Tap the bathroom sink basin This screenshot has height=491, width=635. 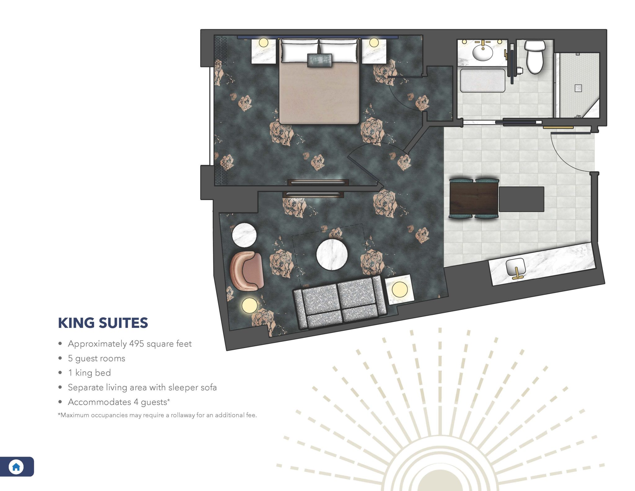[x=482, y=52]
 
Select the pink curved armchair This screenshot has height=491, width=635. [x=246, y=271]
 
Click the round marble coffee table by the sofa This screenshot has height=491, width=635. [x=332, y=254]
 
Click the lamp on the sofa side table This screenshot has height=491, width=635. [x=399, y=289]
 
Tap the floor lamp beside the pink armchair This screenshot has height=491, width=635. [x=249, y=306]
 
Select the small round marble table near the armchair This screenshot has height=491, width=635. [x=244, y=235]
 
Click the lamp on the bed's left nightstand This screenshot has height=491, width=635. [x=264, y=42]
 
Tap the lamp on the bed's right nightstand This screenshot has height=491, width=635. [x=374, y=42]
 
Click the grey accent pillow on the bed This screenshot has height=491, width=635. [x=319, y=60]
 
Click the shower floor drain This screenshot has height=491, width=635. [x=578, y=88]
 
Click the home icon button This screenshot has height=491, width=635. [x=16, y=466]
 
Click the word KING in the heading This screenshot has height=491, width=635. [x=76, y=323]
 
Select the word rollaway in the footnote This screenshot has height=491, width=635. [x=183, y=415]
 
